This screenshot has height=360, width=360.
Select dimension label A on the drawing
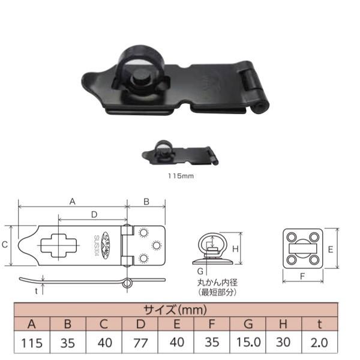point(73,202)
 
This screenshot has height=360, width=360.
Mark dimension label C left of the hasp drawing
point(5,245)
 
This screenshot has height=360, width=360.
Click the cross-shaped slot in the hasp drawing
point(59,245)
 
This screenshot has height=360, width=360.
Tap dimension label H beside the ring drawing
point(236,248)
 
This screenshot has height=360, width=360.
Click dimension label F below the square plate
point(303,277)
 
